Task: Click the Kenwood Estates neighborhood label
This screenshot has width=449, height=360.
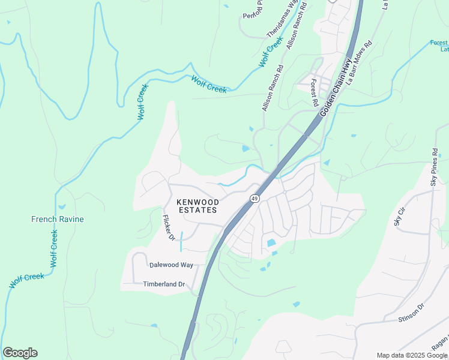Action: coord(197,206)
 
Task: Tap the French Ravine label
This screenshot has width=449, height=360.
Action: coord(58,219)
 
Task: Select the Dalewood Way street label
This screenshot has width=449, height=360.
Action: coord(171,265)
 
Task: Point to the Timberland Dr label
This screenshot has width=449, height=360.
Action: coord(164,284)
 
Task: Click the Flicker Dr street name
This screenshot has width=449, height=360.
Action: coord(169,228)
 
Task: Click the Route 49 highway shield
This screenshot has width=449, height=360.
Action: coord(255,199)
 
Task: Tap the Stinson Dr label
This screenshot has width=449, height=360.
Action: coord(411,313)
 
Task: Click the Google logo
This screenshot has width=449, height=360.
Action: coord(20,353)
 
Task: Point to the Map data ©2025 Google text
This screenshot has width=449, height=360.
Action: coord(411,355)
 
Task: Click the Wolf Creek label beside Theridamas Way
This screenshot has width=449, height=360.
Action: coord(271,52)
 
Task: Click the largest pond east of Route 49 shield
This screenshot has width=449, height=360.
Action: coord(272,244)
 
